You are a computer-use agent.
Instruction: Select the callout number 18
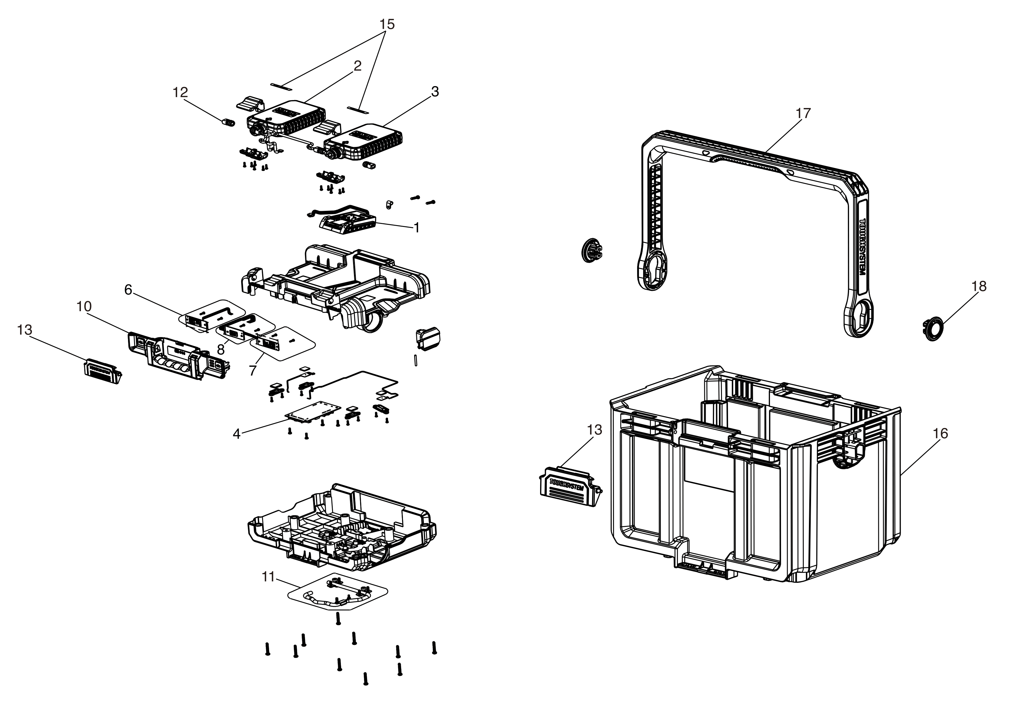(979, 286)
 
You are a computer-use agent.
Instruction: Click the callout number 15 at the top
(387, 24)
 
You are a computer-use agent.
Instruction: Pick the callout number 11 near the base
(268, 576)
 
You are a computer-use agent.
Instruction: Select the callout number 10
(84, 306)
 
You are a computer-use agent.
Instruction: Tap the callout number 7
(253, 370)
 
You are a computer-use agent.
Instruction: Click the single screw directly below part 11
(338, 619)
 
